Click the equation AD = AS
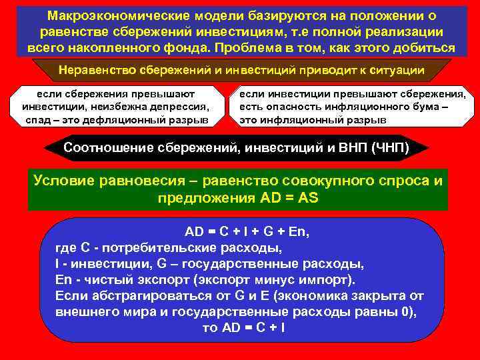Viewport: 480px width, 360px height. [286, 198]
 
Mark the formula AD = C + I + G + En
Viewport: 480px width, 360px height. [247, 232]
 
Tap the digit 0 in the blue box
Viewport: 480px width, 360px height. [407, 311]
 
